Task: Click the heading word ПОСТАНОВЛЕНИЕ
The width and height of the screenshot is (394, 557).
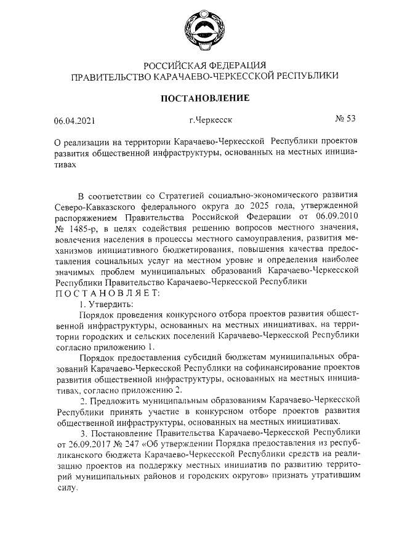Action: tap(204, 98)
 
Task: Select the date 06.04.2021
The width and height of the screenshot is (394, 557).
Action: tap(74, 121)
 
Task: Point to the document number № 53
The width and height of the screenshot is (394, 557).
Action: tap(345, 119)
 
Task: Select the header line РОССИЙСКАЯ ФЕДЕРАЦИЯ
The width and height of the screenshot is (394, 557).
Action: tap(204, 65)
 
